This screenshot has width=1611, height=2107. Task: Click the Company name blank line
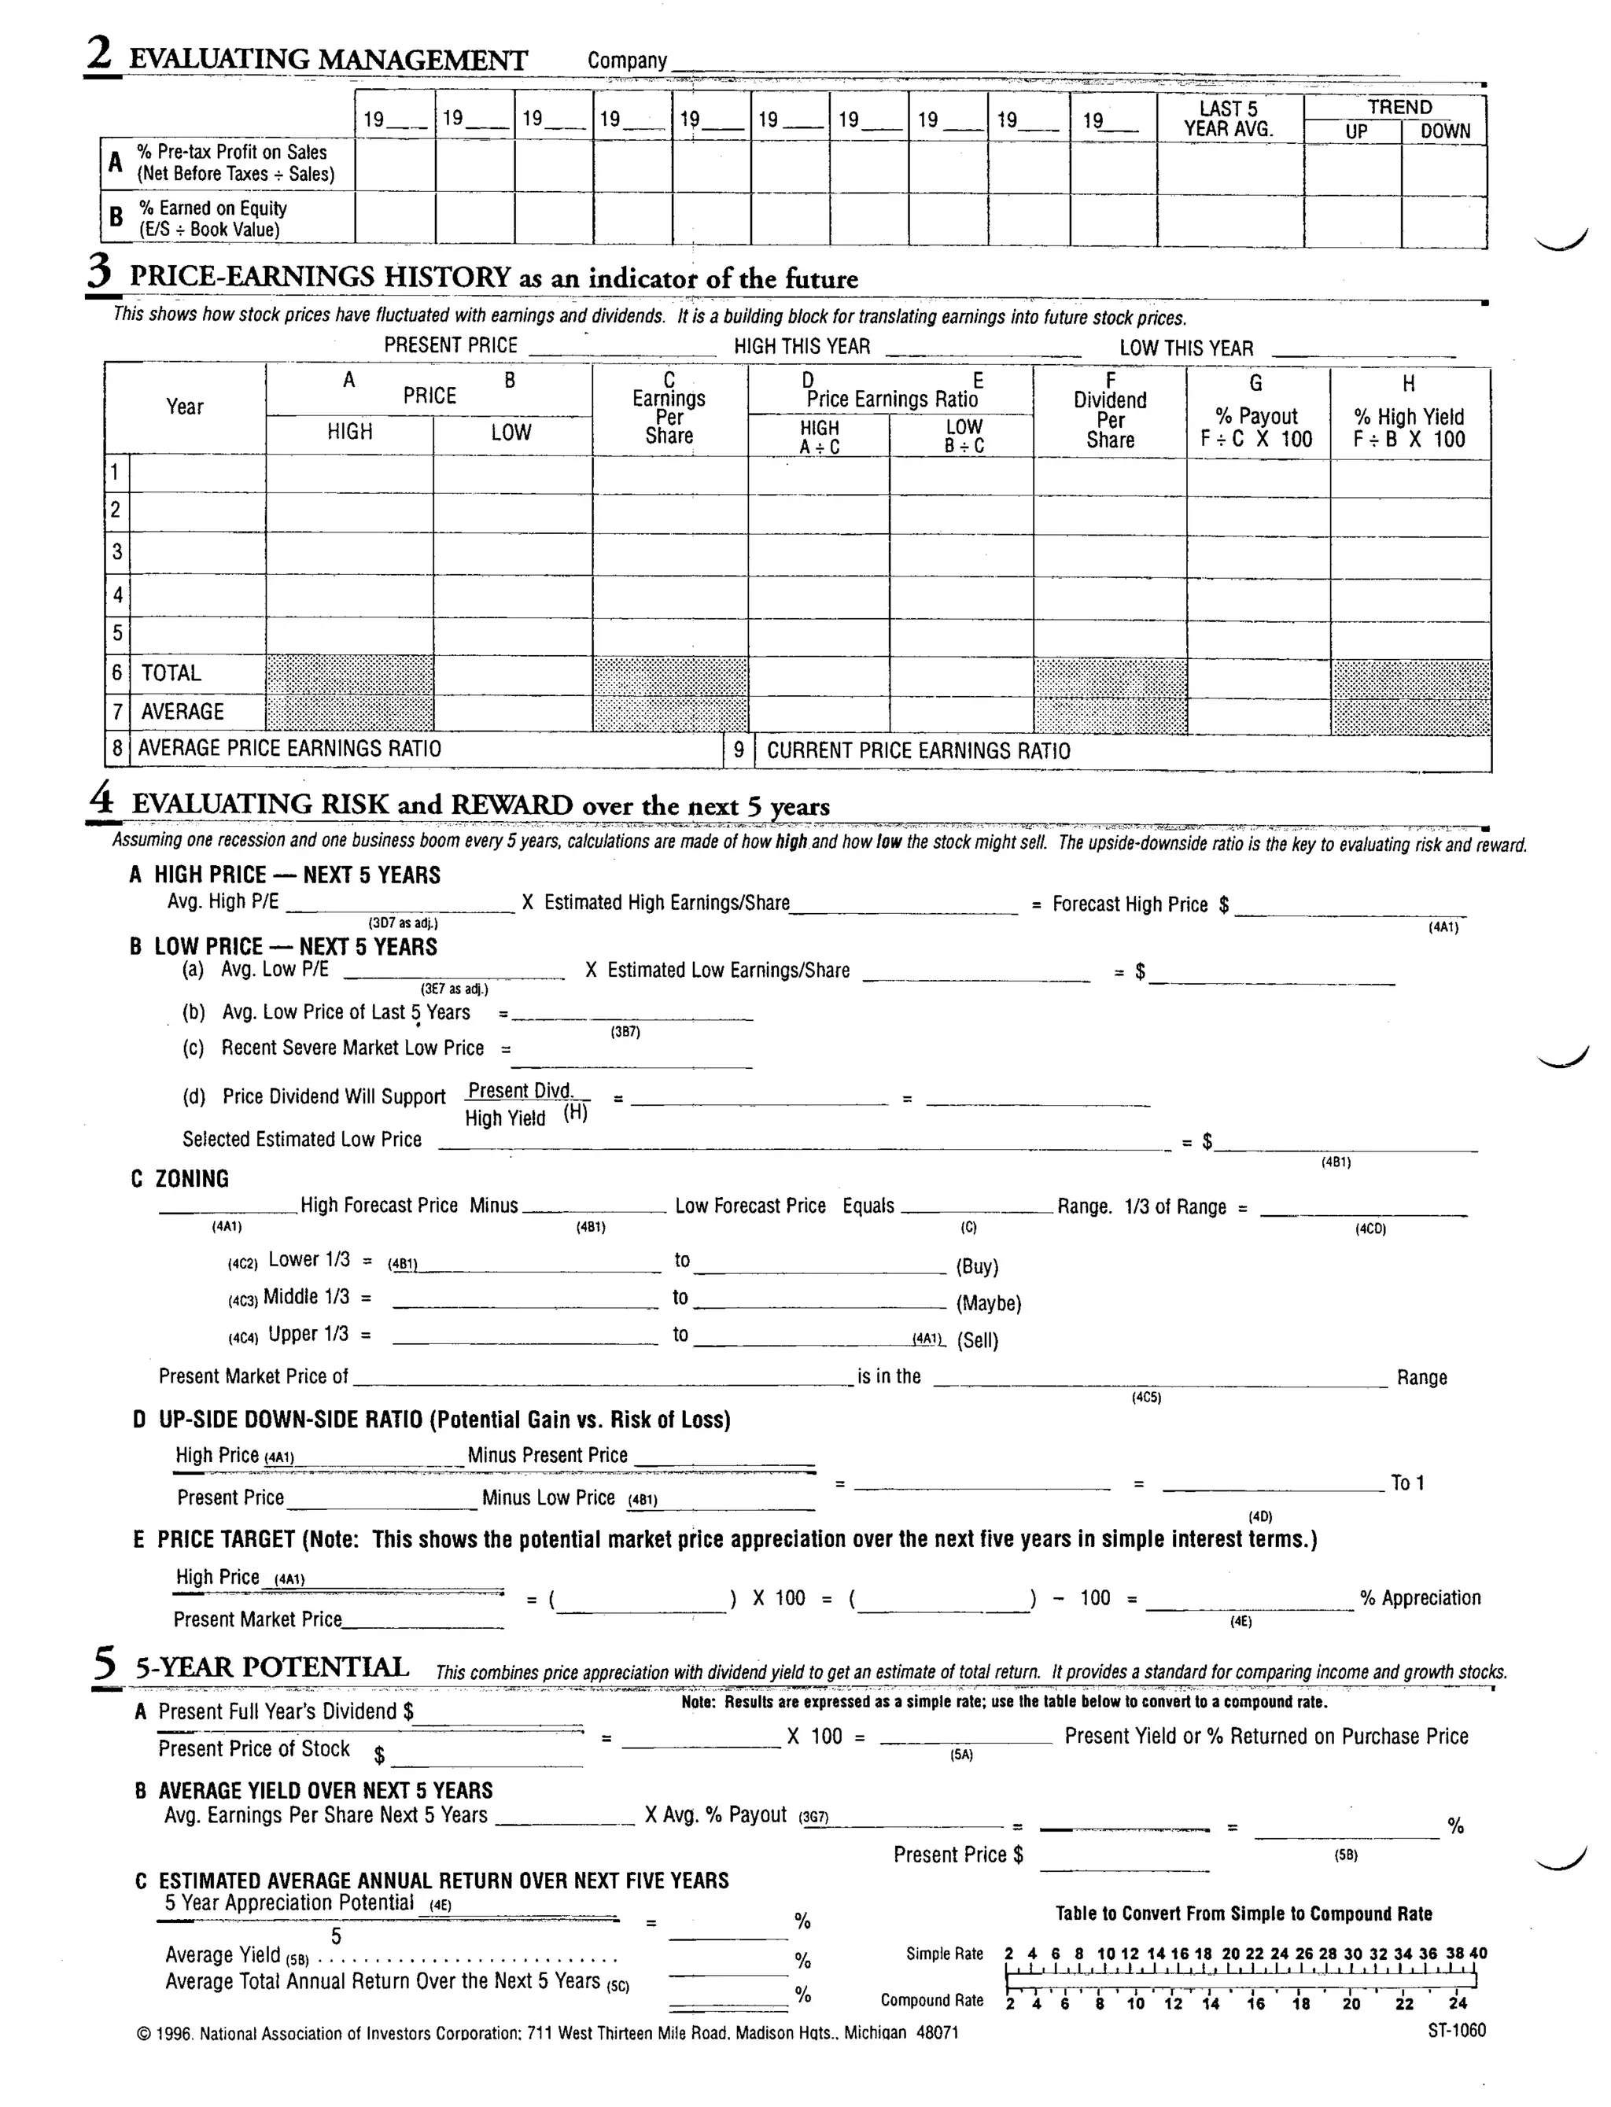[x=1036, y=67]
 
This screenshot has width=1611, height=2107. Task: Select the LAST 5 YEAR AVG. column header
[x=1229, y=119]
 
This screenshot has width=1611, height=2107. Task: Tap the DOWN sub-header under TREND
[x=1444, y=131]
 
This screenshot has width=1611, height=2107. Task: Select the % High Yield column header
[x=1409, y=416]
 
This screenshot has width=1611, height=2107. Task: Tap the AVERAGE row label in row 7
[x=182, y=711]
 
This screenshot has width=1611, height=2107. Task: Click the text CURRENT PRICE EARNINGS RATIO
[x=918, y=750]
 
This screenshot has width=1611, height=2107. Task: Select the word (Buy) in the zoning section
[x=977, y=1266]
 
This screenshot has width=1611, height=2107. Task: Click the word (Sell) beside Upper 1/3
[x=977, y=1340]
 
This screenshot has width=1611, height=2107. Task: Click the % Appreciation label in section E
[x=1420, y=1598]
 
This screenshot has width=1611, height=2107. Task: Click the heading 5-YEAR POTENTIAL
[x=272, y=1668]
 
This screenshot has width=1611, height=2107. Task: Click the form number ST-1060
[x=1456, y=2030]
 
